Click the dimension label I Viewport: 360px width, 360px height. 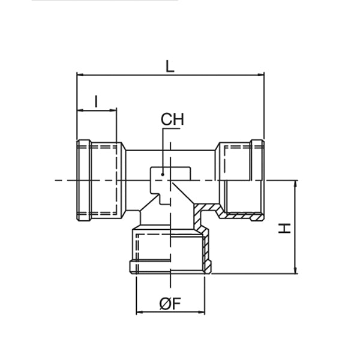coord(96,100)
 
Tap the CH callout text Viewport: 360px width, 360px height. coord(172,120)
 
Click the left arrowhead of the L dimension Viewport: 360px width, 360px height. coord(80,74)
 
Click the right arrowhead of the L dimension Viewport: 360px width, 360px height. coord(261,74)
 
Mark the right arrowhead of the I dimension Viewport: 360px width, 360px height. coord(113,110)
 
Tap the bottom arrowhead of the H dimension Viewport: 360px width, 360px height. coord(295,271)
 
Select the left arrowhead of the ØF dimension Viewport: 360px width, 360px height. coord(140,313)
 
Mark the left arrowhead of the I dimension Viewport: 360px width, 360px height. coord(80,110)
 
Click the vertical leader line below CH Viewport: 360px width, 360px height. coord(163,150)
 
